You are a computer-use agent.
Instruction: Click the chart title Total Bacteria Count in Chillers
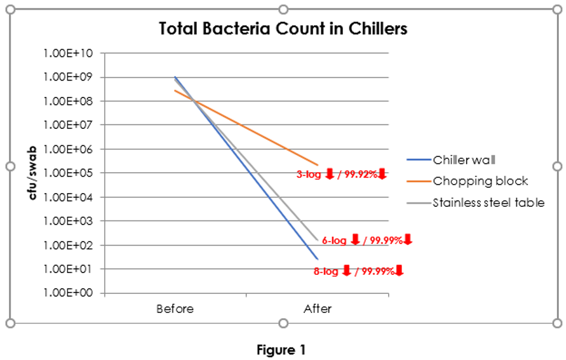click(283, 29)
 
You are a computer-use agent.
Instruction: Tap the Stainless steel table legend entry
click(488, 202)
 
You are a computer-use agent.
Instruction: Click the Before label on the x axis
click(175, 308)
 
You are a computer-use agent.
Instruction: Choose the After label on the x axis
click(317, 308)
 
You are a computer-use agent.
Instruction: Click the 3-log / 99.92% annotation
click(342, 174)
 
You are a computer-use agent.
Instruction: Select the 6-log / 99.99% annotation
click(367, 240)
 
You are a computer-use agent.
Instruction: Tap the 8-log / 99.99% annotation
click(359, 270)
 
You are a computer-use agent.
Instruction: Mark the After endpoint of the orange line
click(317, 164)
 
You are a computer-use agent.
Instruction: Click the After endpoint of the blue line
click(317, 259)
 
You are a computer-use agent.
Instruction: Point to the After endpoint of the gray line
click(317, 240)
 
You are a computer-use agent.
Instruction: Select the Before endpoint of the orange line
click(175, 90)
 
